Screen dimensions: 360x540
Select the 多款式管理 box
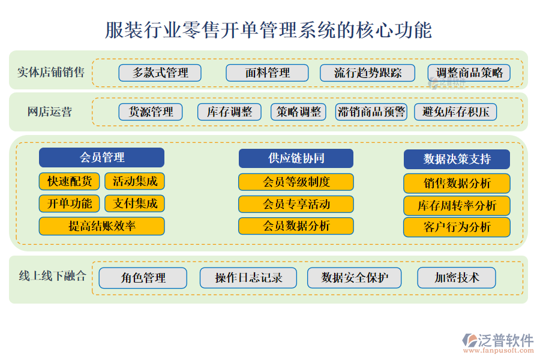click(160, 73)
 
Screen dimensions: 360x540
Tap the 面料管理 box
click(267, 73)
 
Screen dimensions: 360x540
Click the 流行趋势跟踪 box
click(367, 73)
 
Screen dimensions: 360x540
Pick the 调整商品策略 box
click(469, 73)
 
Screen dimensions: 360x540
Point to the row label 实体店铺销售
click(50, 73)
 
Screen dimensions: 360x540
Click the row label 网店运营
click(50, 112)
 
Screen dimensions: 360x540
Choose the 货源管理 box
click(151, 112)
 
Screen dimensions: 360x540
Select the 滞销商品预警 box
click(371, 112)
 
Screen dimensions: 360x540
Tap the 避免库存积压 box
click(455, 112)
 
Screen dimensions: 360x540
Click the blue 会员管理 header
click(101, 158)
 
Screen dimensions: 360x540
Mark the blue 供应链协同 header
click(296, 158)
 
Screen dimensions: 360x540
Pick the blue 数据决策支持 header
click(457, 159)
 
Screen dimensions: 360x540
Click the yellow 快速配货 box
click(70, 181)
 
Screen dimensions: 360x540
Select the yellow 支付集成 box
click(134, 203)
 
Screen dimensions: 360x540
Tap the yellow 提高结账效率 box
click(101, 226)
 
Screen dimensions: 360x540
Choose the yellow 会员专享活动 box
click(296, 204)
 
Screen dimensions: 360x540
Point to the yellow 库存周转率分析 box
click(457, 205)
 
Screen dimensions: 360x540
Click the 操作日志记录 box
click(248, 278)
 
